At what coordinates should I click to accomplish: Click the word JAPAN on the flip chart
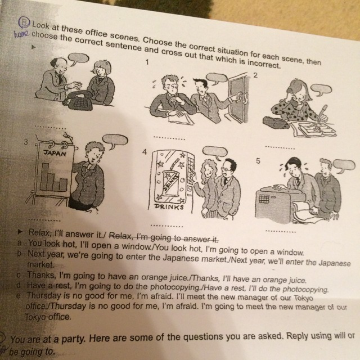[x=55, y=153]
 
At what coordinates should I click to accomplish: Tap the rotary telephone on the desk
[x=78, y=100]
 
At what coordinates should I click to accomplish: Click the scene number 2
[x=255, y=75]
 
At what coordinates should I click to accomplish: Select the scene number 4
[x=144, y=152]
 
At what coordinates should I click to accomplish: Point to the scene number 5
[x=258, y=161]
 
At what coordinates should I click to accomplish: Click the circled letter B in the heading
[x=24, y=22]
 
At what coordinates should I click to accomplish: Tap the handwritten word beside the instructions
[x=21, y=34]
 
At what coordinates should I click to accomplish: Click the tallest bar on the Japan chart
[x=45, y=177]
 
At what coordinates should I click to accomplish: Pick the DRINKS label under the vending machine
[x=169, y=206]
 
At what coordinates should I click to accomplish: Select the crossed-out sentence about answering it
[x=164, y=237]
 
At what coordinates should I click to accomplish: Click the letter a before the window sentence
[x=20, y=242]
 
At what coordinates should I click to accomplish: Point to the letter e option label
[x=19, y=296]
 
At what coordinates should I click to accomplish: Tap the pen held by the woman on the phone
[x=321, y=112]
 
